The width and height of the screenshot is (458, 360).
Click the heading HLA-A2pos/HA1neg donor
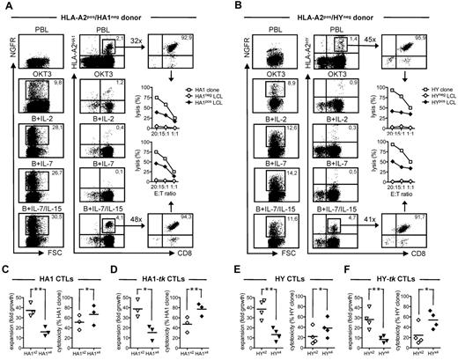[117, 7]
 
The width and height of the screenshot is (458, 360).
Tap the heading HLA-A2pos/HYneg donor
[345, 7]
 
